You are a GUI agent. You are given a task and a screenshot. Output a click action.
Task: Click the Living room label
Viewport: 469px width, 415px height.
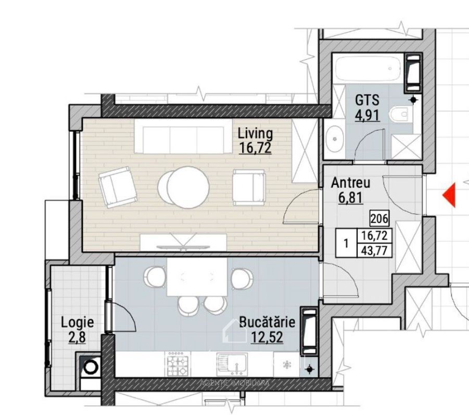[255, 133]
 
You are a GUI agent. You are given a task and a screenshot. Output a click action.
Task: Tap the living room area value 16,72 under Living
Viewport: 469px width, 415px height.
[255, 147]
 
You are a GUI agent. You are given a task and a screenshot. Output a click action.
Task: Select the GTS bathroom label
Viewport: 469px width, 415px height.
[367, 100]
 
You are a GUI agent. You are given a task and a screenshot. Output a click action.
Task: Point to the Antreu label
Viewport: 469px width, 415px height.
[350, 183]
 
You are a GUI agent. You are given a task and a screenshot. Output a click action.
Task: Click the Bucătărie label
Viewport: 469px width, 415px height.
[267, 322]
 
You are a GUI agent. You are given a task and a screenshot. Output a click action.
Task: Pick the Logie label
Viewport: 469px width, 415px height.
[77, 322]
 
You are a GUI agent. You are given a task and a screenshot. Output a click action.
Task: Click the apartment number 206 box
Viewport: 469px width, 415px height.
[379, 218]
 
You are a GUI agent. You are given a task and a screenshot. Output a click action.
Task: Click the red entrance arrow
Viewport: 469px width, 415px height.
[449, 195]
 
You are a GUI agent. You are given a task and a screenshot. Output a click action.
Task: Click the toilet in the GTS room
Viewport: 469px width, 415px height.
[401, 114]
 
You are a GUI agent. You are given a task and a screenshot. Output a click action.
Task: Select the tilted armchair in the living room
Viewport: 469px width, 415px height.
[118, 187]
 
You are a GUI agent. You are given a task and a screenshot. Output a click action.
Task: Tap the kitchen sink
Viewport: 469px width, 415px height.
[232, 364]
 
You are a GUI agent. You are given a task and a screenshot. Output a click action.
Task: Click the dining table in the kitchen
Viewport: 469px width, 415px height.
[197, 277]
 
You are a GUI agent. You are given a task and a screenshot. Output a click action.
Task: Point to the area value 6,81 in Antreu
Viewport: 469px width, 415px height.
[350, 197]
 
